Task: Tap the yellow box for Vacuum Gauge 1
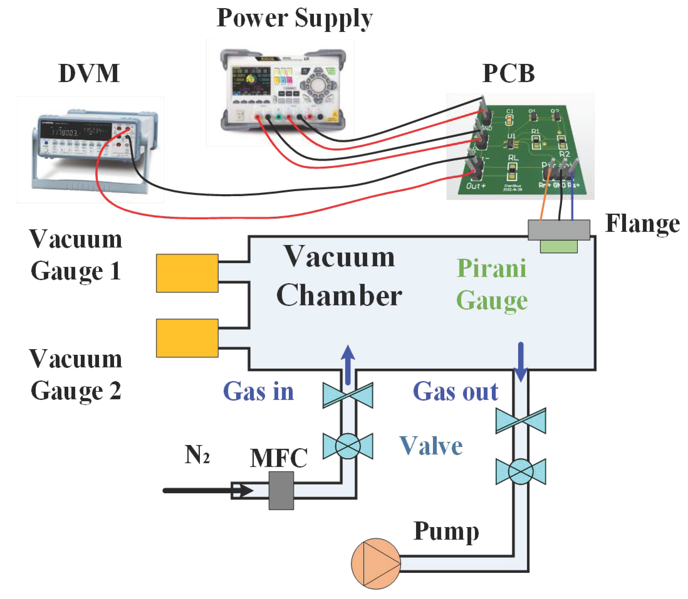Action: (x=187, y=273)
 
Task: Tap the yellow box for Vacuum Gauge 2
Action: (x=187, y=338)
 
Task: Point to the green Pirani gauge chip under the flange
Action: (x=559, y=246)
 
